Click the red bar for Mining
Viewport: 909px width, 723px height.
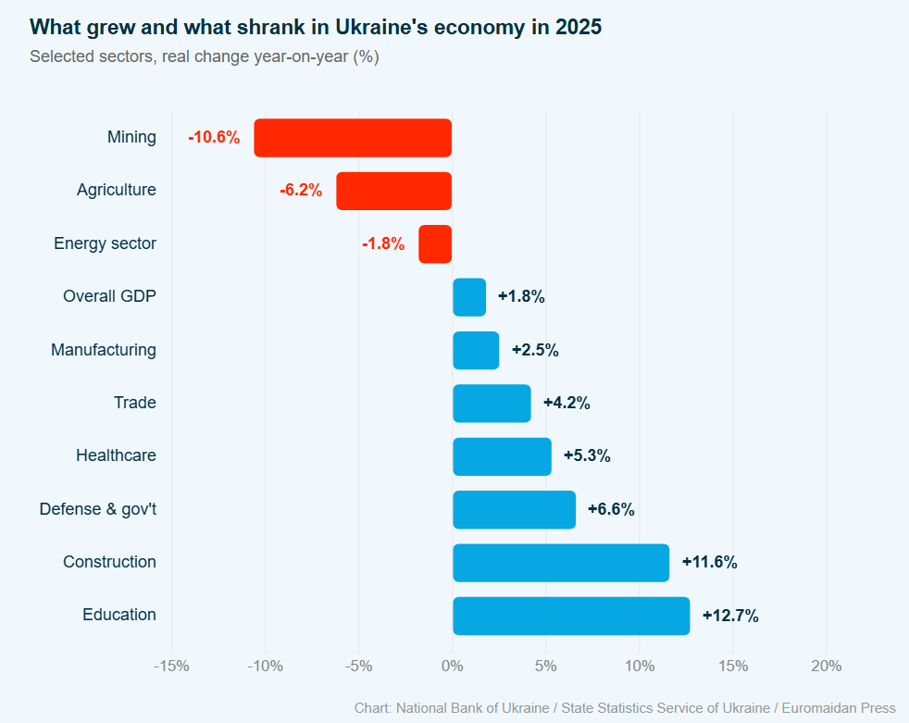tap(353, 138)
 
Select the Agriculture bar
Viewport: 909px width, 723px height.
tap(393, 191)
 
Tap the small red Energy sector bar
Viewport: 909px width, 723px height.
tap(435, 244)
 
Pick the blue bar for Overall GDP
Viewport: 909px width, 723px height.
tap(469, 297)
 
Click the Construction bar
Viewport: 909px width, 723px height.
tap(561, 563)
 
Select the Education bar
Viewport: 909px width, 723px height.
tap(571, 616)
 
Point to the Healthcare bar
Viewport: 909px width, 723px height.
tap(502, 456)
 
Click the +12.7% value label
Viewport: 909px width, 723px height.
tap(730, 616)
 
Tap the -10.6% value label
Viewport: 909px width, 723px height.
tap(214, 138)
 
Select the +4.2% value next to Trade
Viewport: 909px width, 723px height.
tap(567, 404)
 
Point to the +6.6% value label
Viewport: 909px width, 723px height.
tap(611, 509)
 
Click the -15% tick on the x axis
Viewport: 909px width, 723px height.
tap(171, 667)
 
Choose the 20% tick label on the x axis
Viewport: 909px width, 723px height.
tap(826, 667)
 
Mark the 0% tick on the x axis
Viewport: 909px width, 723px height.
tap(452, 667)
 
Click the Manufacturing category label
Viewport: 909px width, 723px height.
tap(104, 350)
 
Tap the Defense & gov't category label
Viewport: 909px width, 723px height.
tap(97, 509)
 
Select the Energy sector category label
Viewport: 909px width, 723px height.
tap(105, 244)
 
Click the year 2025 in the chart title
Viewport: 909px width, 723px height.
tap(579, 28)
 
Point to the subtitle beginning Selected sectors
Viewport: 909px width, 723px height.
tap(204, 56)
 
